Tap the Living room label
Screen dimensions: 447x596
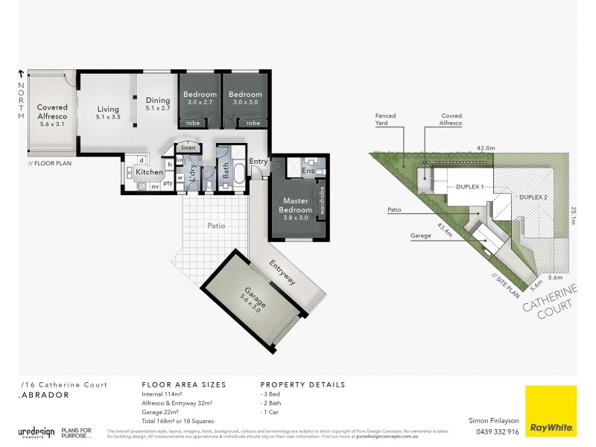tap(108, 112)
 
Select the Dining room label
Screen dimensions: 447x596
tap(158, 103)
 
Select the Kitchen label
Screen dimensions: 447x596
tap(149, 172)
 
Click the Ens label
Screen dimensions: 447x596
tap(308, 171)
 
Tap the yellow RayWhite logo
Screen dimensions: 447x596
tap(551, 410)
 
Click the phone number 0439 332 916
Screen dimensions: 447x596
tap(492, 431)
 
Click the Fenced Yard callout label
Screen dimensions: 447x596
tap(388, 121)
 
